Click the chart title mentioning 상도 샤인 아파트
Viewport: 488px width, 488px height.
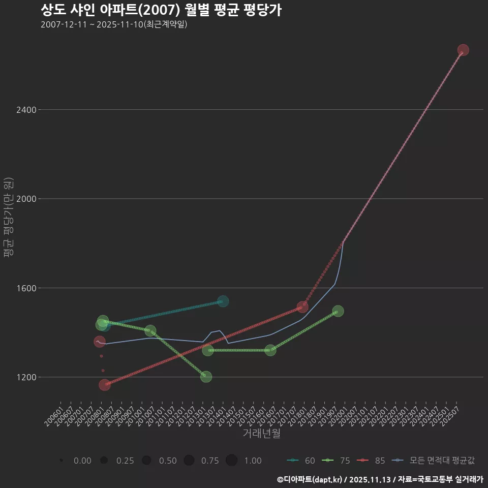[x=161, y=10]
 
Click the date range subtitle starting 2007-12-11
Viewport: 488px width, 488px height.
[x=114, y=24]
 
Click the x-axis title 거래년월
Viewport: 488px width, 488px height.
[x=262, y=434]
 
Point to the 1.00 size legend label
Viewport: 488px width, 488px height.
[x=253, y=461]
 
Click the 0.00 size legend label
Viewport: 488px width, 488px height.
[x=82, y=461]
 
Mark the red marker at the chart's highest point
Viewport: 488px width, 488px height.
[x=463, y=50]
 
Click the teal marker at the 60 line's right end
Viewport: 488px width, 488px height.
[x=223, y=301]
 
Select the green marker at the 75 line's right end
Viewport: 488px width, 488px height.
[x=338, y=311]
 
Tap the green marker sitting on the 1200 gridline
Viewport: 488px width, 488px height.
[x=206, y=377]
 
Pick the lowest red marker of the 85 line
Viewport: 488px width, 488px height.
[x=105, y=385]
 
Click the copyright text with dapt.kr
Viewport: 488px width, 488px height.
[x=380, y=479]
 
